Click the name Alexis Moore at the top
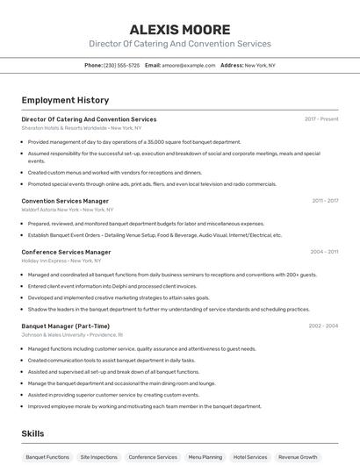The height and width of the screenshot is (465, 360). (x=180, y=29)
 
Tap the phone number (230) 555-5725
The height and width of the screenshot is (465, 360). (x=121, y=65)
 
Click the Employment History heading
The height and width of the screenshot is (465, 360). (x=65, y=100)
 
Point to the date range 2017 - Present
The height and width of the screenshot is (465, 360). (x=321, y=118)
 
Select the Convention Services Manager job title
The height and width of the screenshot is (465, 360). (x=65, y=201)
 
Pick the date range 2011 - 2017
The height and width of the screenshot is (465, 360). (x=325, y=201)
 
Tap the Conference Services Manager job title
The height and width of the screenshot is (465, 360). (x=66, y=252)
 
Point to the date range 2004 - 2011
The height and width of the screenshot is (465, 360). (x=324, y=252)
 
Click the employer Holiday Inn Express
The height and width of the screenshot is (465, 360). (x=43, y=261)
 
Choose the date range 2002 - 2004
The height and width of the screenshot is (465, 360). (x=323, y=325)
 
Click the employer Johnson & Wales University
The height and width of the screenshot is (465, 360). (x=52, y=334)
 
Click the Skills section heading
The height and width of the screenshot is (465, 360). (x=32, y=433)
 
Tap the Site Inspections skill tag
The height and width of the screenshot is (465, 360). (x=98, y=457)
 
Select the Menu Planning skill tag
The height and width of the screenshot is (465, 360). (x=205, y=457)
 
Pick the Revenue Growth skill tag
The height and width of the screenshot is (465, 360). (x=298, y=457)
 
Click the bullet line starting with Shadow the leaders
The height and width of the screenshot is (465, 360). (x=169, y=309)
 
